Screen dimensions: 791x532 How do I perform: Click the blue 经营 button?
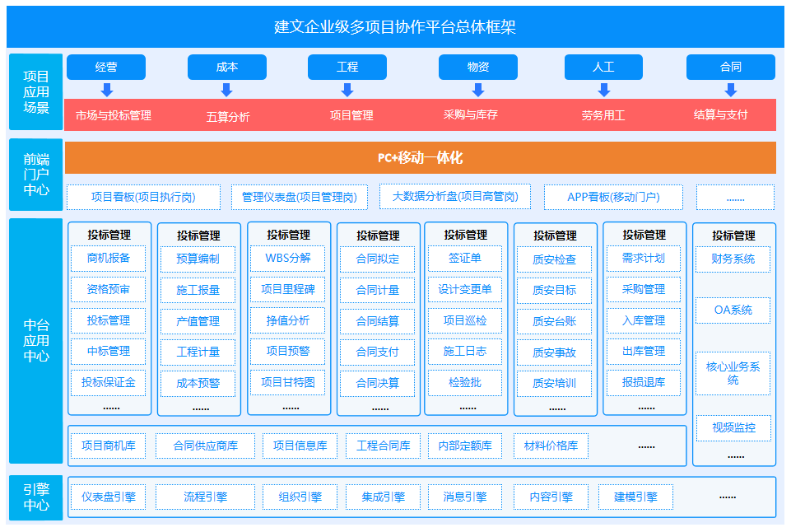coord(106,67)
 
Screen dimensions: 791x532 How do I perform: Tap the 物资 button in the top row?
coord(477,67)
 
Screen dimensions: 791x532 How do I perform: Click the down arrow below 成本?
coord(226,91)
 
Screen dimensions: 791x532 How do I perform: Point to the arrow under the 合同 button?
coord(730,91)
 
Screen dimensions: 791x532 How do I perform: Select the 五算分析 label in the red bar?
coord(228,117)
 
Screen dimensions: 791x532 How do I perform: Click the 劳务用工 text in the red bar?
coord(603,115)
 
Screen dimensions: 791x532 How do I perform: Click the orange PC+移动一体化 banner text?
coord(421,157)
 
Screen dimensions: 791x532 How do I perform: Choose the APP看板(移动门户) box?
coord(613,197)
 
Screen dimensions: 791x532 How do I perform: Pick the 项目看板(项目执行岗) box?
coord(143,197)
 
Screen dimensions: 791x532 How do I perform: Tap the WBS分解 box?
coord(288,259)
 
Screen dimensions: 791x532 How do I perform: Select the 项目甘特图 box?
coord(288,383)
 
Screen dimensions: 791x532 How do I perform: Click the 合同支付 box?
coord(377,352)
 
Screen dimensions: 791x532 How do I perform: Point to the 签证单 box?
coord(464,259)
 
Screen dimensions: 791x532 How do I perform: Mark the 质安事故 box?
coord(555,352)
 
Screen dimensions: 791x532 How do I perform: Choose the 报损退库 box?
coord(644,383)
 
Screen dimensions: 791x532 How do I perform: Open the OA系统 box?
coord(733,310)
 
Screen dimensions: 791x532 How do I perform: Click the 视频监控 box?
coord(733,428)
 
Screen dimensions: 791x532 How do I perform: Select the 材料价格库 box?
coord(551,446)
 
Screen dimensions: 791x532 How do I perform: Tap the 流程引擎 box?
coord(205,497)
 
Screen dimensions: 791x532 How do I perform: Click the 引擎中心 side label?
coord(36,497)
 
